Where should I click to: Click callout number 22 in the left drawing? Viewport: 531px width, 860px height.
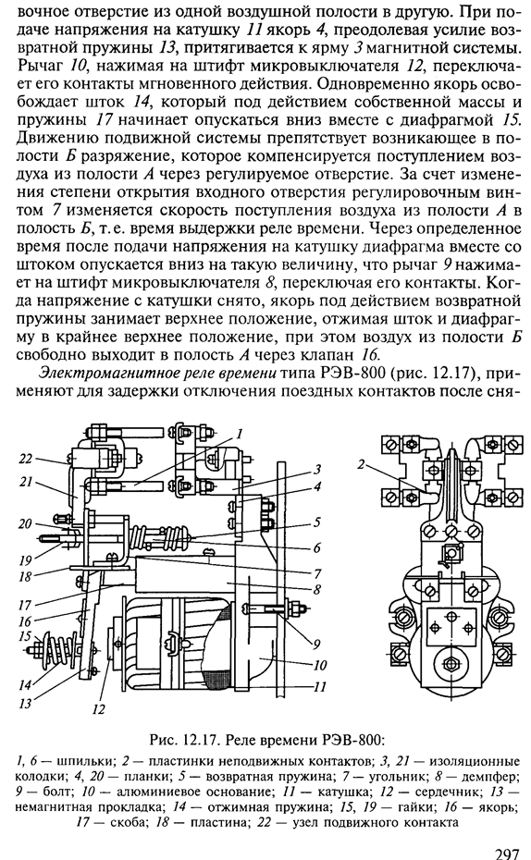(26, 458)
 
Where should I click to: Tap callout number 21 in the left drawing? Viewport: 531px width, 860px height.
(26, 482)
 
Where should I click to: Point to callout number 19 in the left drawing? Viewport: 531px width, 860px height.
(25, 560)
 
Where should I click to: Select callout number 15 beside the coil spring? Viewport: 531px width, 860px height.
(25, 635)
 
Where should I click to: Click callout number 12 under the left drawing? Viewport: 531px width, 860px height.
(98, 709)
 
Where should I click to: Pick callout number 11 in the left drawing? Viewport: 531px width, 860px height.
(320, 685)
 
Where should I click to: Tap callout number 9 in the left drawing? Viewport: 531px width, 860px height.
(317, 644)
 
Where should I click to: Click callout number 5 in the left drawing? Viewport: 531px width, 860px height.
(317, 522)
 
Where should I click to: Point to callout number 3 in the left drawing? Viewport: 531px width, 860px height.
(317, 470)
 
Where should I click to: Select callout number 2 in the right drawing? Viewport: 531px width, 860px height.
(361, 464)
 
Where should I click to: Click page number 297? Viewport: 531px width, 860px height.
(508, 854)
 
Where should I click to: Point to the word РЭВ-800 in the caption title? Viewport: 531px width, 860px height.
(359, 740)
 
